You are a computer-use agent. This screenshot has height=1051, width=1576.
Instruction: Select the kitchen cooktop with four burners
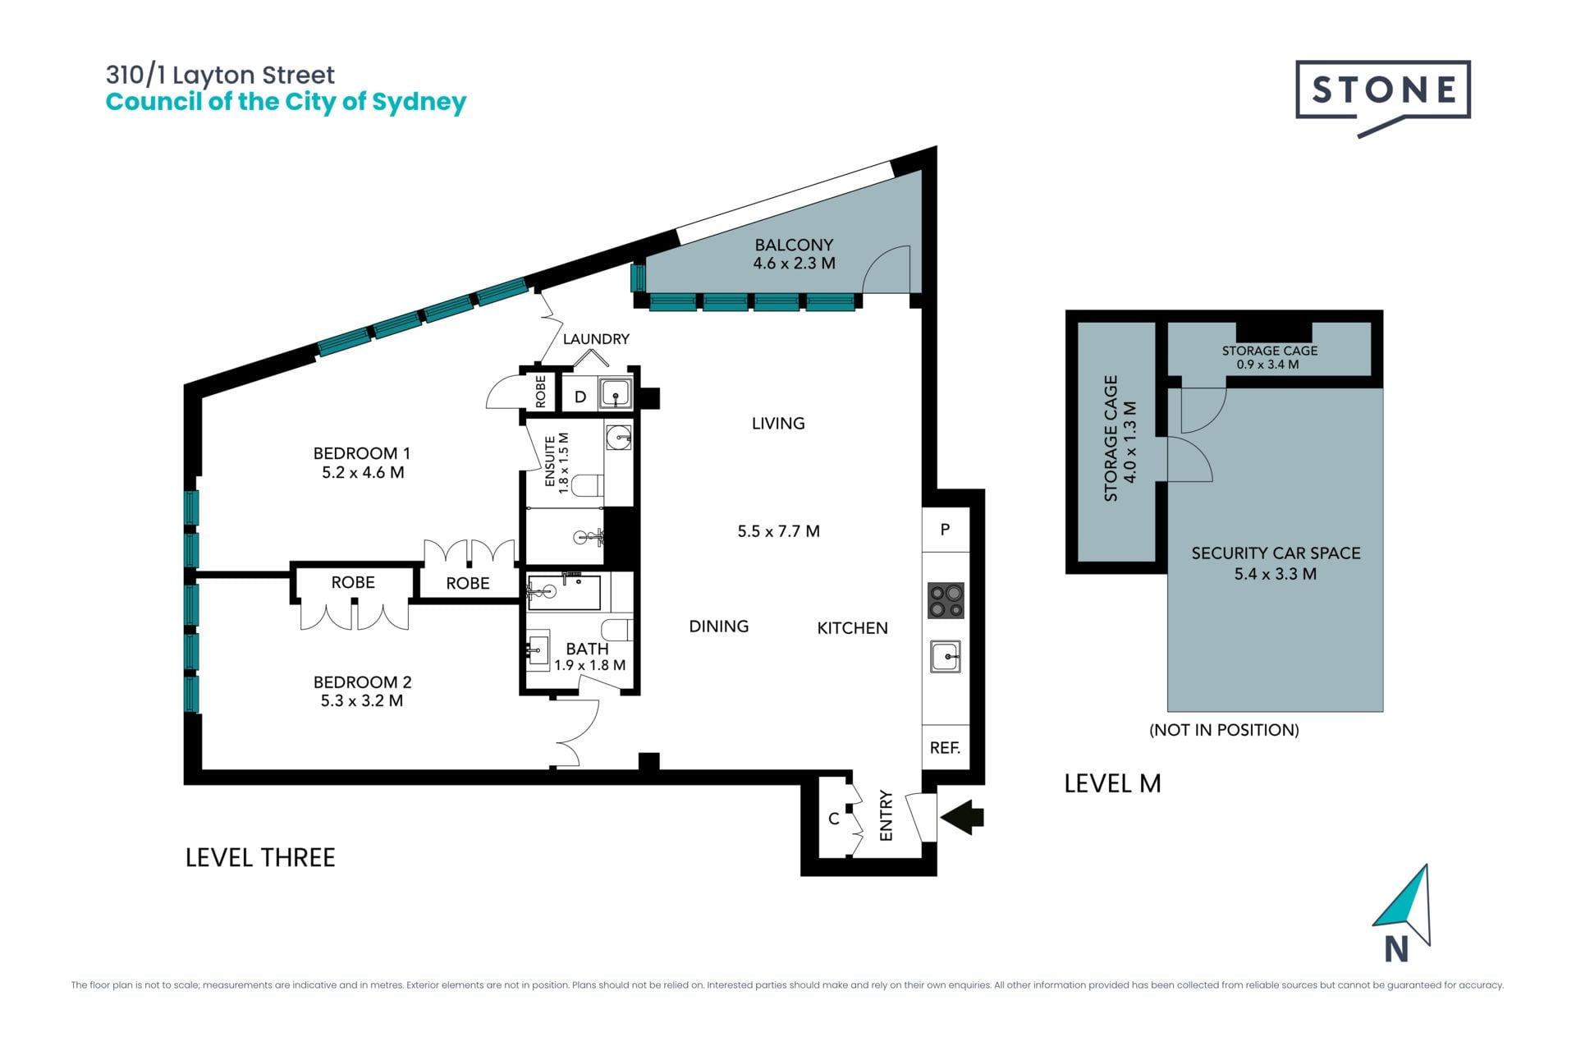coord(946,600)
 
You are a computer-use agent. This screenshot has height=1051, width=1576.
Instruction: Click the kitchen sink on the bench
coord(946,656)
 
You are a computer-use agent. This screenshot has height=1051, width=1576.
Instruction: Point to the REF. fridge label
coord(945,748)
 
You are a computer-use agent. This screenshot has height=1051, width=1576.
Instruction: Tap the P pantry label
coord(945,530)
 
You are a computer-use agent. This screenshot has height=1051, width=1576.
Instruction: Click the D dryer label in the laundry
coord(580,397)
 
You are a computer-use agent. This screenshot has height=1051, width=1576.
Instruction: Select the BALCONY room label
coord(794,245)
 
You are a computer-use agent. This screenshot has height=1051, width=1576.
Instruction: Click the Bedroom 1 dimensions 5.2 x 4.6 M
coord(363,472)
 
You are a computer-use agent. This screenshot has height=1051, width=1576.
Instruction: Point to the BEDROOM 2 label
coord(362,682)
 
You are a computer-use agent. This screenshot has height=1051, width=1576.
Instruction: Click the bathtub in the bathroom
coord(564,591)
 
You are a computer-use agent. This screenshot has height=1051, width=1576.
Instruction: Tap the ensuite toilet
coord(588,485)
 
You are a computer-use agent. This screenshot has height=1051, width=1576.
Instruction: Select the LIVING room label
coord(778,423)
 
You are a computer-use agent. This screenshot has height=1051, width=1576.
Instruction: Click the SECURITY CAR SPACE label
coord(1276,553)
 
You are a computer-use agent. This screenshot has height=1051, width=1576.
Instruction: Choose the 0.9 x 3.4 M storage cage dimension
coord(1268,365)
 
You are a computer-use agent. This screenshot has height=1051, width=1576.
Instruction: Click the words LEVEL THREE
coord(260,857)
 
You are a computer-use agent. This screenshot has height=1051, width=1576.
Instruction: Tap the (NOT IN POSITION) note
coord(1224,730)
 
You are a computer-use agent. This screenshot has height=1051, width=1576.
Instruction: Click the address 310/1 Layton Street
coord(220,75)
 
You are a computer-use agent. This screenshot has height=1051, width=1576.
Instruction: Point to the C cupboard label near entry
coord(834,819)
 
